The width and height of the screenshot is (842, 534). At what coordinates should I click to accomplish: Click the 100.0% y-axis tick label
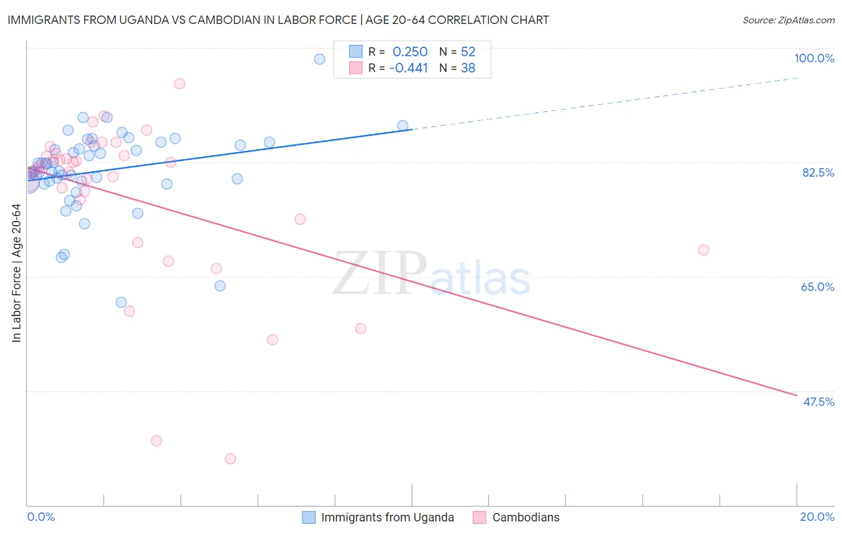[x=814, y=58]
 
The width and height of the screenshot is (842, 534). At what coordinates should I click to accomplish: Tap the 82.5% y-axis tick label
[x=818, y=172]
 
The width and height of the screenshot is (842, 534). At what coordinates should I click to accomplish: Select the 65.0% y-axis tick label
[x=817, y=287]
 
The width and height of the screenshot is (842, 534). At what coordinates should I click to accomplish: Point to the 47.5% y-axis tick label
[x=818, y=402]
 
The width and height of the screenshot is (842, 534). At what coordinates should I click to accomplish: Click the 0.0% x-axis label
[x=41, y=517]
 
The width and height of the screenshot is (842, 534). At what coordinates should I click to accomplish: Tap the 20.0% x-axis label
[x=817, y=517]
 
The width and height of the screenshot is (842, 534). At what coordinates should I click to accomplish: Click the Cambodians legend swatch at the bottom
[x=480, y=517]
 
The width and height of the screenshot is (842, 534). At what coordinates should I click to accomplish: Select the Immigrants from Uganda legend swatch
[x=308, y=517]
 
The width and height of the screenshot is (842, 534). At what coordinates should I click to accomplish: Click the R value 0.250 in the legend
[x=410, y=51]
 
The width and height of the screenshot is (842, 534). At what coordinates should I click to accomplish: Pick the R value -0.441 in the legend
[x=408, y=68]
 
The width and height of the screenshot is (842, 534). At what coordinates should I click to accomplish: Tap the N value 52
[x=468, y=51]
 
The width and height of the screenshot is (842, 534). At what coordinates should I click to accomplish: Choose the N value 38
[x=468, y=68]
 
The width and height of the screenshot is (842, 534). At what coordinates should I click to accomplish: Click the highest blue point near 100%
[x=320, y=59]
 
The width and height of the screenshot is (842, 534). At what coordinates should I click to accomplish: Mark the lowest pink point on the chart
[x=231, y=459]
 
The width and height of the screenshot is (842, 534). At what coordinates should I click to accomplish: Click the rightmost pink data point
[x=704, y=250]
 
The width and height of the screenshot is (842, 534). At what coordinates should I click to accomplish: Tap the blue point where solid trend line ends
[x=402, y=126]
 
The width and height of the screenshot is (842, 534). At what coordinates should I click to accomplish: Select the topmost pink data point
[x=180, y=84]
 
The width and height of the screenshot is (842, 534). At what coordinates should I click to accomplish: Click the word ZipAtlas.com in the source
[x=805, y=20]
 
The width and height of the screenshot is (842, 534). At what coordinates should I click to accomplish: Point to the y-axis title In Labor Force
[x=16, y=273]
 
